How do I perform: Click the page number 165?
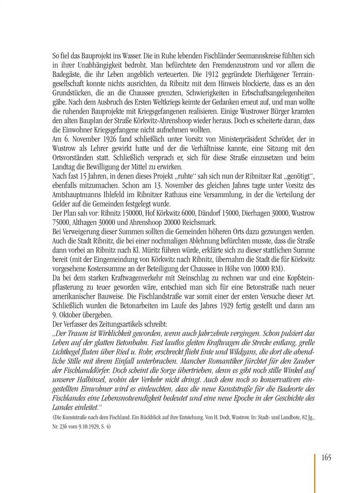(x=325, y=457)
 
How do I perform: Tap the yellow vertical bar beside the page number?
(x=316, y=466)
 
